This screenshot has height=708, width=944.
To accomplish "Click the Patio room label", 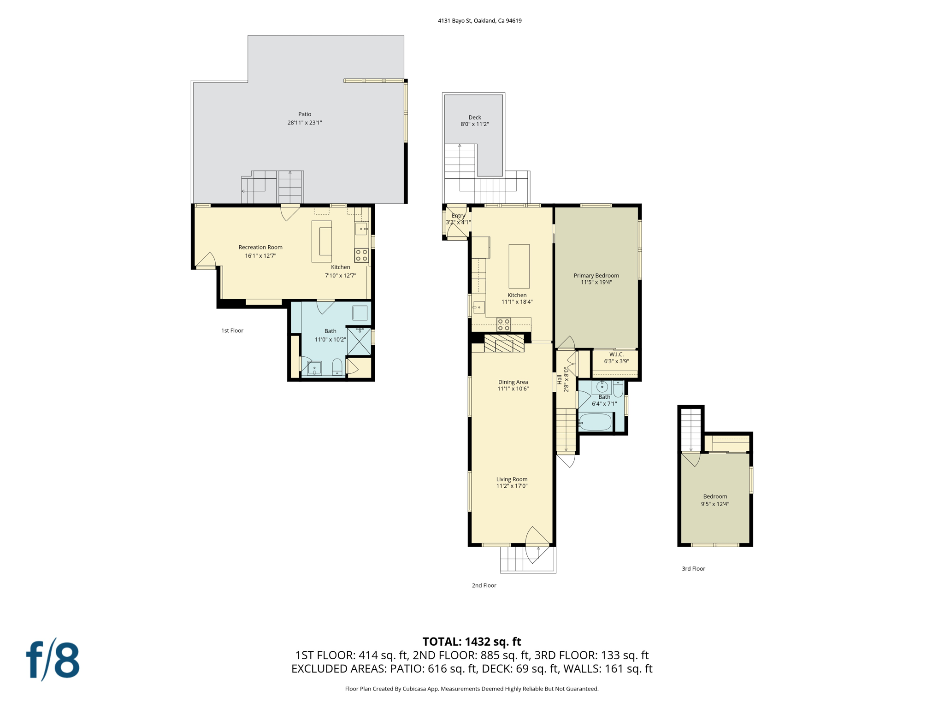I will [x=305, y=114].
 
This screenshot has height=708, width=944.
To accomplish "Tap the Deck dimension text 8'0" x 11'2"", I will [x=474, y=124].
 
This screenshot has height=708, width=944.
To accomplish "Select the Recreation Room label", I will [x=260, y=248].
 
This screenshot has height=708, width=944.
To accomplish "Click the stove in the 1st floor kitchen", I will [x=361, y=255].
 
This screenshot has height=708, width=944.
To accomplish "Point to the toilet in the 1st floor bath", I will [x=337, y=366].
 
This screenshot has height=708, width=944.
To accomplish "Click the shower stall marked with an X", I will [x=359, y=341].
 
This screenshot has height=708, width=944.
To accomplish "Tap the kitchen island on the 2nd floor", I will [x=519, y=266].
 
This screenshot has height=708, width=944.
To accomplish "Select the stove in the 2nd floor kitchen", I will [x=503, y=324].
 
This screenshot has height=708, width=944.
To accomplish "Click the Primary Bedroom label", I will [x=596, y=276].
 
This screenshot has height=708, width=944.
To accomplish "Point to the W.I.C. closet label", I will [x=616, y=354].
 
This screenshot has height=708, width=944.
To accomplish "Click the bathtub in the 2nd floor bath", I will [x=595, y=422].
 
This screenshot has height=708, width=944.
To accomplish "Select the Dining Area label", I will [x=513, y=382].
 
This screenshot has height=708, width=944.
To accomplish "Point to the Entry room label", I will [x=458, y=216].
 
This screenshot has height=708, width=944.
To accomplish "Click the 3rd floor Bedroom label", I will [x=715, y=496].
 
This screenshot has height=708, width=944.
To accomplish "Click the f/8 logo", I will [x=53, y=660].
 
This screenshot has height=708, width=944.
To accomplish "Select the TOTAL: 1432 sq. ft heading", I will [x=472, y=642].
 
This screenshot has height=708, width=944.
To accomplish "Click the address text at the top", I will [x=479, y=21].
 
